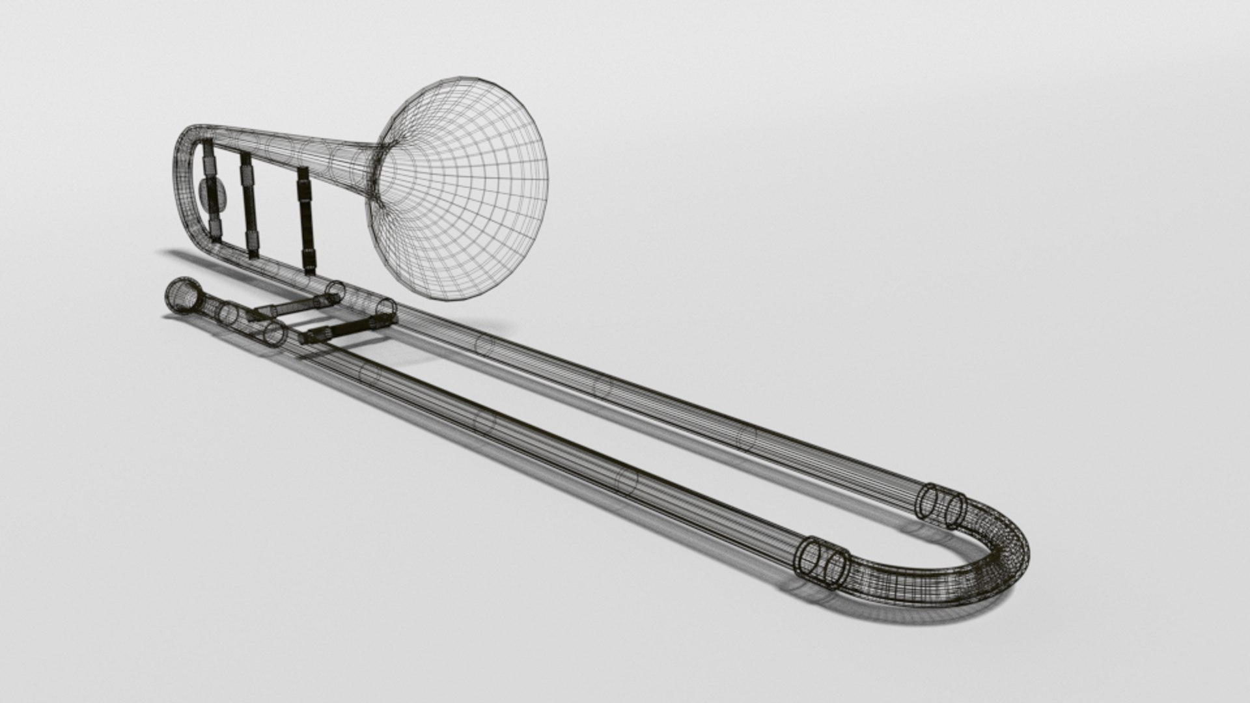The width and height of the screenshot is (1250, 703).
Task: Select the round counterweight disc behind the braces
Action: coord(212,195)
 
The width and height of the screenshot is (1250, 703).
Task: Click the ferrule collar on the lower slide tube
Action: coord(824,562)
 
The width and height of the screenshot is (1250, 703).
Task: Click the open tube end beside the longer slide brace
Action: coord(387,309)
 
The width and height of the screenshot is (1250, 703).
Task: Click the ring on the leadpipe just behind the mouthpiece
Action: coord(227,313)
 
